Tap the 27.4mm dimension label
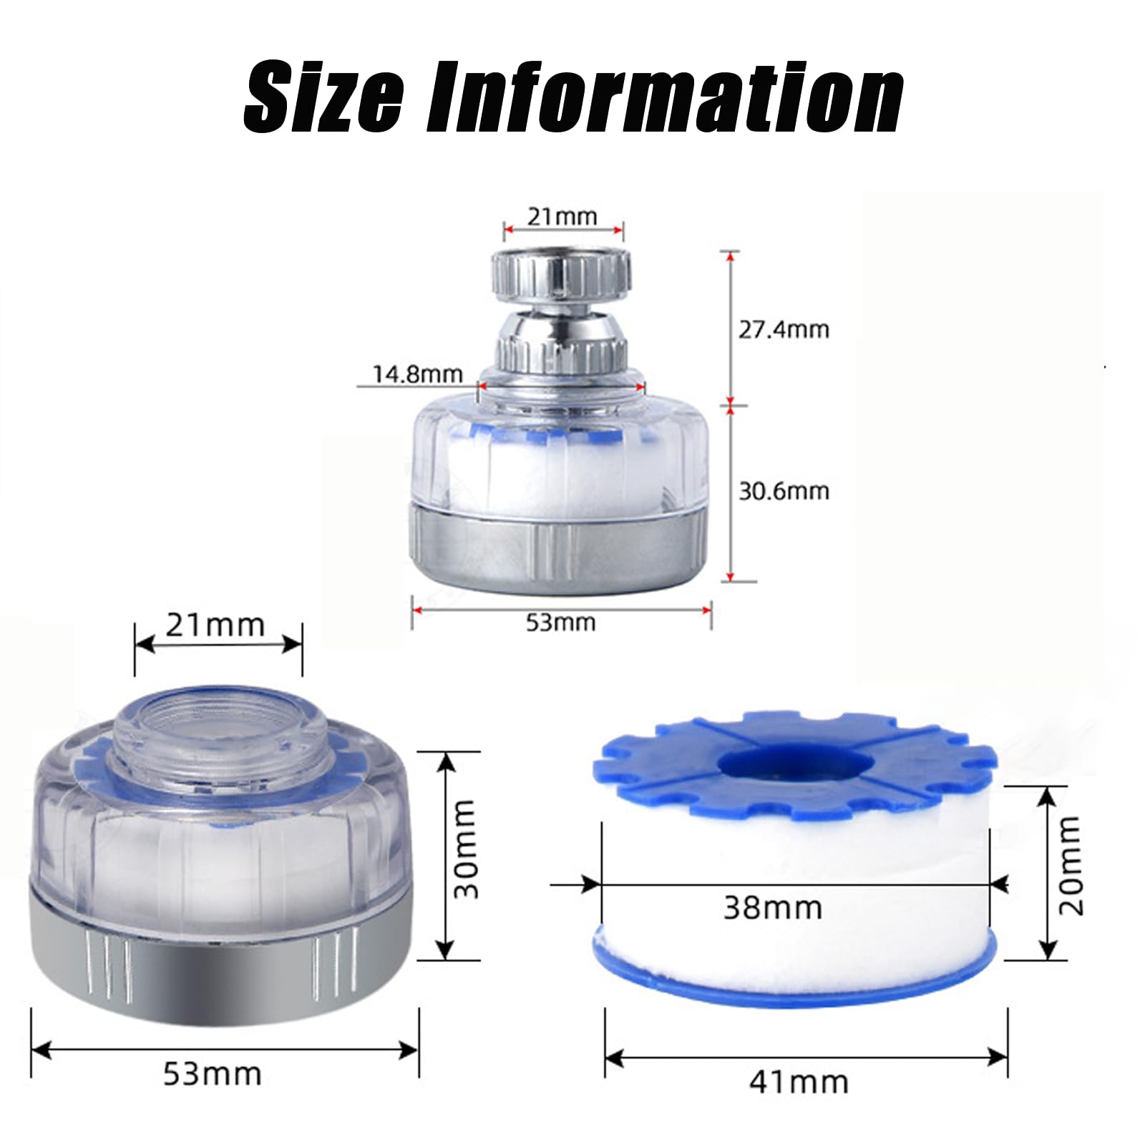pos(784,330)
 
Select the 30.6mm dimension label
pos(784,491)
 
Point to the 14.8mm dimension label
pos(417,374)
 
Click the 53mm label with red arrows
pos(560,622)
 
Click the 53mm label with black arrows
pos(213,1073)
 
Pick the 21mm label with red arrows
pos(562,216)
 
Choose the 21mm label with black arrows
pos(215,625)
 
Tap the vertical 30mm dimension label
pos(465,849)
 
